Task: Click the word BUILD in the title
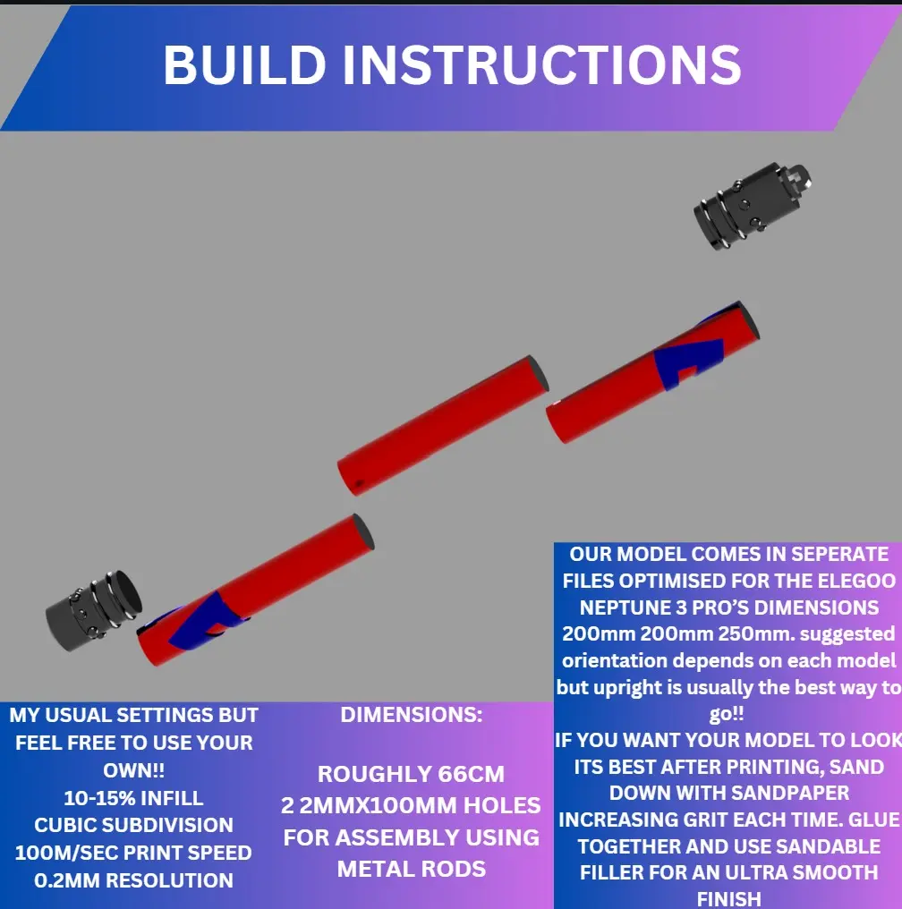[243, 64]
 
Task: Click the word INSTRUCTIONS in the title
[541, 64]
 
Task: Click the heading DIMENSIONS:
[411, 715]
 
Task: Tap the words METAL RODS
[411, 869]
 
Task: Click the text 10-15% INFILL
[133, 798]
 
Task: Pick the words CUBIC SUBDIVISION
[133, 825]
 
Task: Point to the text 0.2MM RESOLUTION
[133, 880]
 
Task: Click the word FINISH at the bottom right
[728, 897]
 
